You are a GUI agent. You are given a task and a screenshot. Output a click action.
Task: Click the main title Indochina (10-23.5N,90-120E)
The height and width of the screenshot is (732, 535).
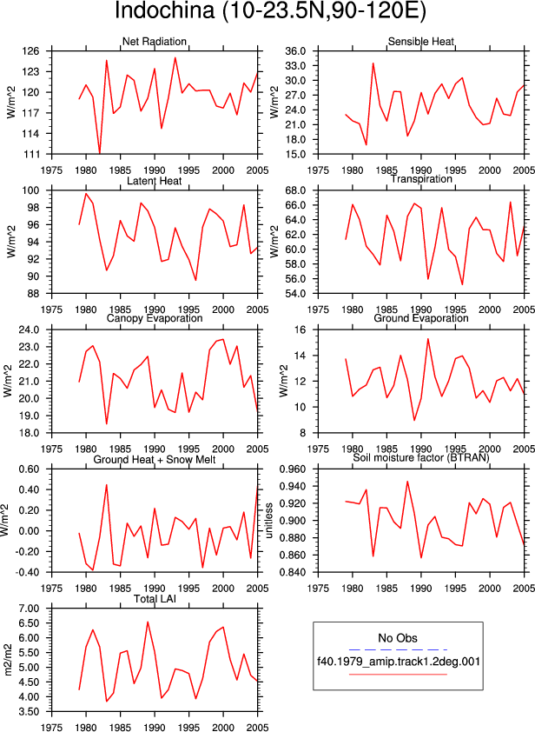(270, 10)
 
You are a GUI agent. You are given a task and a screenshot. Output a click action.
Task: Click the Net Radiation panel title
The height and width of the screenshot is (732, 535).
(155, 42)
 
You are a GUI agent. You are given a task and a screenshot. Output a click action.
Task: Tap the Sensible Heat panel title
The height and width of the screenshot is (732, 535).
(421, 42)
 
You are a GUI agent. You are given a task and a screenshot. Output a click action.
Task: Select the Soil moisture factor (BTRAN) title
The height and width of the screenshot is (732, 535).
(421, 457)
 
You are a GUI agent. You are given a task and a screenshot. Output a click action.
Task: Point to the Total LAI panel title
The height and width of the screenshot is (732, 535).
(155, 598)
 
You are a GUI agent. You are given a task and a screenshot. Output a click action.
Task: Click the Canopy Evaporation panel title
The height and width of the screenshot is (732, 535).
(155, 318)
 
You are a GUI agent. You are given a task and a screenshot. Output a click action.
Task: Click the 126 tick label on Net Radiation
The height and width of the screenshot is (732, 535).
(30, 51)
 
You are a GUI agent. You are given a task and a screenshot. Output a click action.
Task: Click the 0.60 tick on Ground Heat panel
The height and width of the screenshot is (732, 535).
(29, 469)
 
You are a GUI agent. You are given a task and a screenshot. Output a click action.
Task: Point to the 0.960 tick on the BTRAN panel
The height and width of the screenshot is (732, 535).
(294, 469)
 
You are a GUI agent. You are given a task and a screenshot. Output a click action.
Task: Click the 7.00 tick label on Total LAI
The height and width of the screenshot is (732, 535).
(29, 609)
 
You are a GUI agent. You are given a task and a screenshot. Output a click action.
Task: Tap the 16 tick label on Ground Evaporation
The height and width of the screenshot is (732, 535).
(300, 330)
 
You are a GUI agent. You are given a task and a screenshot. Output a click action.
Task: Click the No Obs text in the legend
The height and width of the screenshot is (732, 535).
(398, 638)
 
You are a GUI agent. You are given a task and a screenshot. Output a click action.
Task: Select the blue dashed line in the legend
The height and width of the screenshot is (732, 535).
(398, 649)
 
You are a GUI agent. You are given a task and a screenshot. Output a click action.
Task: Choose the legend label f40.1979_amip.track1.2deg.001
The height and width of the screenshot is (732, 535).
(399, 662)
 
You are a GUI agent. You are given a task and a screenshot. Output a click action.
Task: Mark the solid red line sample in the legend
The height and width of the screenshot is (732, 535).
(398, 674)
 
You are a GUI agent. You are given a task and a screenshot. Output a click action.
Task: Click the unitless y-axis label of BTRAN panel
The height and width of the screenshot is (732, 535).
(269, 521)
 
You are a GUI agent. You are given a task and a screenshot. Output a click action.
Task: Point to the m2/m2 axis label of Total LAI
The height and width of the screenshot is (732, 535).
(9, 660)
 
